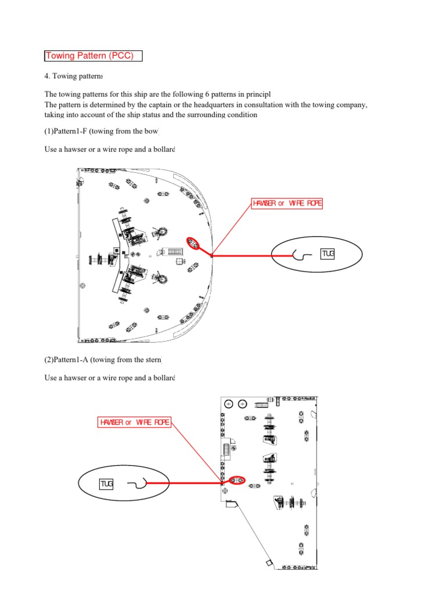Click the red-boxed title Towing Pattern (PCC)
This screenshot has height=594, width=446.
pyautogui.click(x=93, y=56)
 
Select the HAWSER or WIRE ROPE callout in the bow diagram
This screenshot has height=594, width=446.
pyautogui.click(x=286, y=203)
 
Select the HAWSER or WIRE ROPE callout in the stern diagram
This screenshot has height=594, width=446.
pyautogui.click(x=135, y=422)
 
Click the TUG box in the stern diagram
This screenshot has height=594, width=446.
pyautogui.click(x=106, y=484)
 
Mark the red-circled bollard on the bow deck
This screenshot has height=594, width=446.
pyautogui.click(x=193, y=244)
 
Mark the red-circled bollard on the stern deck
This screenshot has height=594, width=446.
pyautogui.click(x=237, y=480)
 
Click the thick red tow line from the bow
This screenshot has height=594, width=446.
pyautogui.click(x=250, y=255)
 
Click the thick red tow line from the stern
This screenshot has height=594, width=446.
pyautogui.click(x=186, y=482)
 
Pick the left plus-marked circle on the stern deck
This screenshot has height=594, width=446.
pyautogui.click(x=229, y=404)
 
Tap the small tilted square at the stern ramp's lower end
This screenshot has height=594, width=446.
pyautogui.click(x=269, y=563)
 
